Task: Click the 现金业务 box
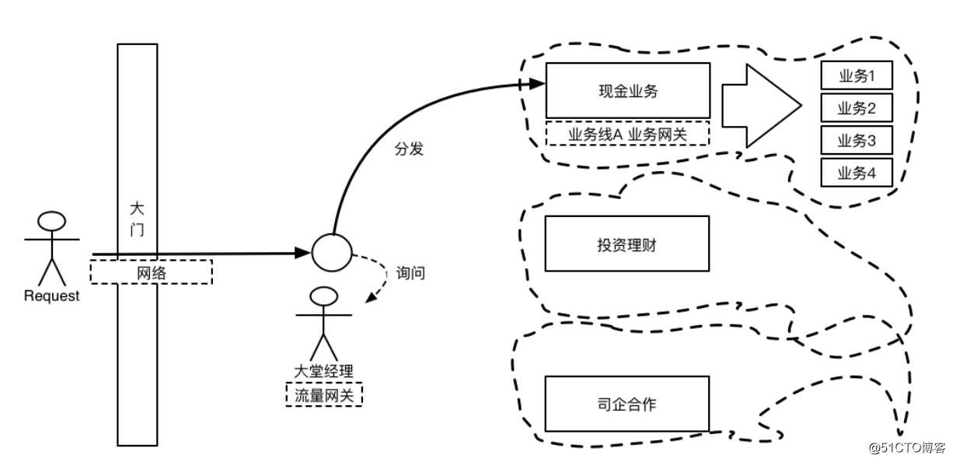point(627,91)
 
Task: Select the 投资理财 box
point(627,244)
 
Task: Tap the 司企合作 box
point(627,403)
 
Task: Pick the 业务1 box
point(857,75)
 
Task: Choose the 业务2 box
point(857,107)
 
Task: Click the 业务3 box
point(857,140)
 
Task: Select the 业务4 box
point(857,172)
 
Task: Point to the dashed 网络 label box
point(152,272)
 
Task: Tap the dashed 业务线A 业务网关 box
point(628,134)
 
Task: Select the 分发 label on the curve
point(410,149)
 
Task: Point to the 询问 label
point(410,274)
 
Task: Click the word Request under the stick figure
point(52,296)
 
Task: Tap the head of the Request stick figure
point(52,221)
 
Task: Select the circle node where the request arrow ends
point(332,252)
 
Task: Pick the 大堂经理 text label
point(323,370)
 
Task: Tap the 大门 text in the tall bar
point(138,219)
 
